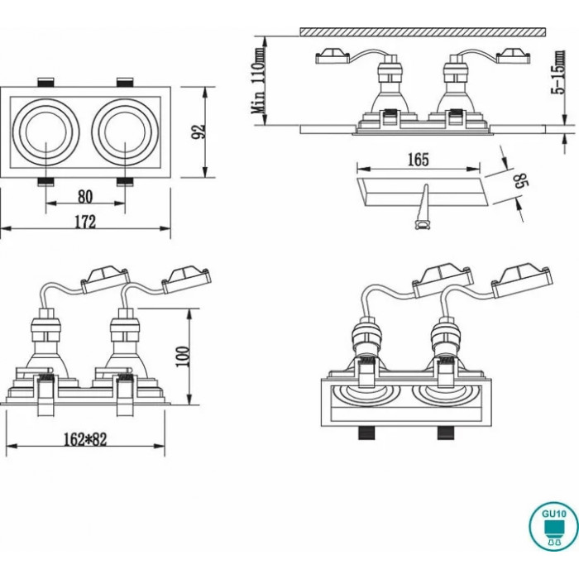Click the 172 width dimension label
(x=85, y=222)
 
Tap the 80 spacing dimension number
(x=85, y=196)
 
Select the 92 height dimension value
(x=199, y=132)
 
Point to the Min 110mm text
(x=260, y=80)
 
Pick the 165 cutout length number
(x=419, y=160)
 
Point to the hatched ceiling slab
(x=423, y=31)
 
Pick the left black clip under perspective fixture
(x=365, y=433)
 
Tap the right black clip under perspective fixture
(x=446, y=433)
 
